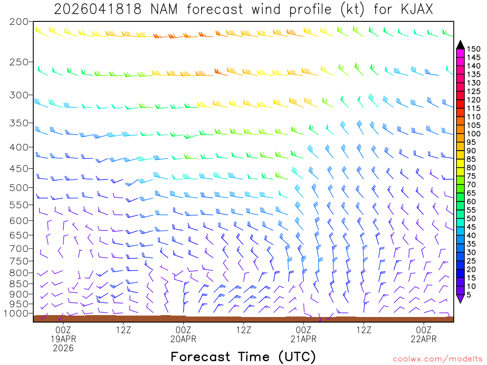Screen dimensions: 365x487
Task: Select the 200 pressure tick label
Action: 19,22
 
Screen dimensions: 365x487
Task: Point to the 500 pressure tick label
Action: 19,187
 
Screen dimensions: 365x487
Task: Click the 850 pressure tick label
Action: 19,284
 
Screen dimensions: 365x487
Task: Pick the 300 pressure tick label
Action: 19,95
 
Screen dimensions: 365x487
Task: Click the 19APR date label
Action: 63,339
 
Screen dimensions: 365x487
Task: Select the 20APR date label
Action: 184,339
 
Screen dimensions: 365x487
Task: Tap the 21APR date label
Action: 304,339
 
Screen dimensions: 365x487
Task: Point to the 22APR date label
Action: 424,339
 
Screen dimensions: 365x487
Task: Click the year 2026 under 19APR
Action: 63,348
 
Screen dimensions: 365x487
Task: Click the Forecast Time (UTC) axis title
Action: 243,356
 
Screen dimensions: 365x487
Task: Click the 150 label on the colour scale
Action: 473,48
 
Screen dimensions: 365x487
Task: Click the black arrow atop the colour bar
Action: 460,45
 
